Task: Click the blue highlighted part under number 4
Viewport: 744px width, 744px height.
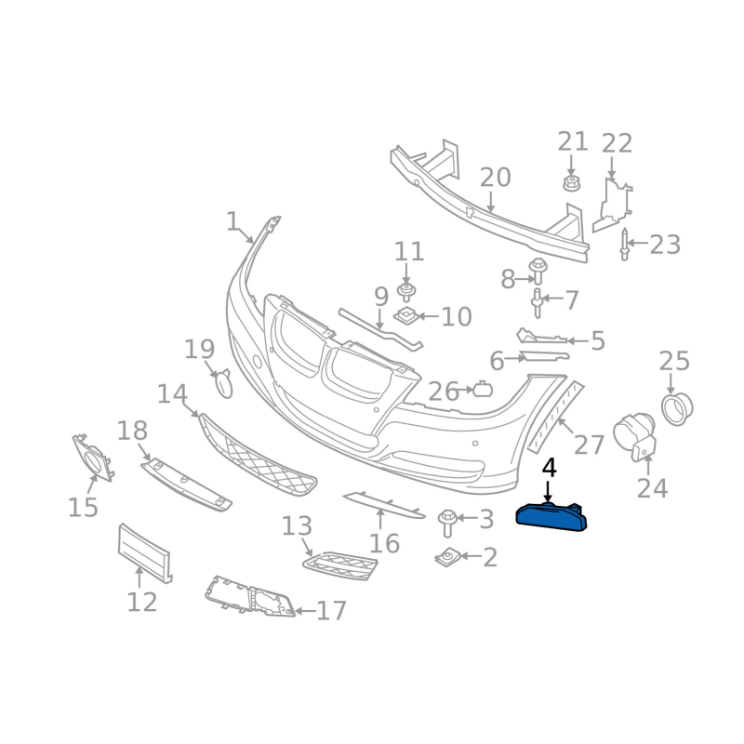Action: click(x=551, y=518)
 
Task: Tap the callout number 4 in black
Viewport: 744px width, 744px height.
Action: click(x=549, y=468)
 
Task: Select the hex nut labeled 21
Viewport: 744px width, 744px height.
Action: click(x=572, y=183)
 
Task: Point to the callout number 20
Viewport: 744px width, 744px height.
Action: click(x=495, y=178)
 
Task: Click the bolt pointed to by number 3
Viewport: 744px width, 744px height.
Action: click(x=447, y=524)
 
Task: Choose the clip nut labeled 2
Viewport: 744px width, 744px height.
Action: click(x=446, y=557)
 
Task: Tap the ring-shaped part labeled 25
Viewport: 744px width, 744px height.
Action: click(x=677, y=409)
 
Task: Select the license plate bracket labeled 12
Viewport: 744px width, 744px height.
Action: click(x=144, y=552)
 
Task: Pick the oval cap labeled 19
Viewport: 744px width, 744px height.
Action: click(x=224, y=383)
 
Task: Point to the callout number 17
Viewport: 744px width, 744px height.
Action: click(x=331, y=610)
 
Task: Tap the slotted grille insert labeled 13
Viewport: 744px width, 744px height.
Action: click(x=339, y=565)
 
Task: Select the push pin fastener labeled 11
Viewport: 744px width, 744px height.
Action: click(x=405, y=292)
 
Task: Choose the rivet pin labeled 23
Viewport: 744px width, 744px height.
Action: click(x=624, y=245)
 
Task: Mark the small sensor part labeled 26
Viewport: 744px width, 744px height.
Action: click(x=483, y=390)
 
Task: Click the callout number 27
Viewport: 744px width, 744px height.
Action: click(x=589, y=445)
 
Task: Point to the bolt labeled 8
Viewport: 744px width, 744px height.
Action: click(x=538, y=271)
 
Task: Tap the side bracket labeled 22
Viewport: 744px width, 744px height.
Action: click(x=612, y=205)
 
